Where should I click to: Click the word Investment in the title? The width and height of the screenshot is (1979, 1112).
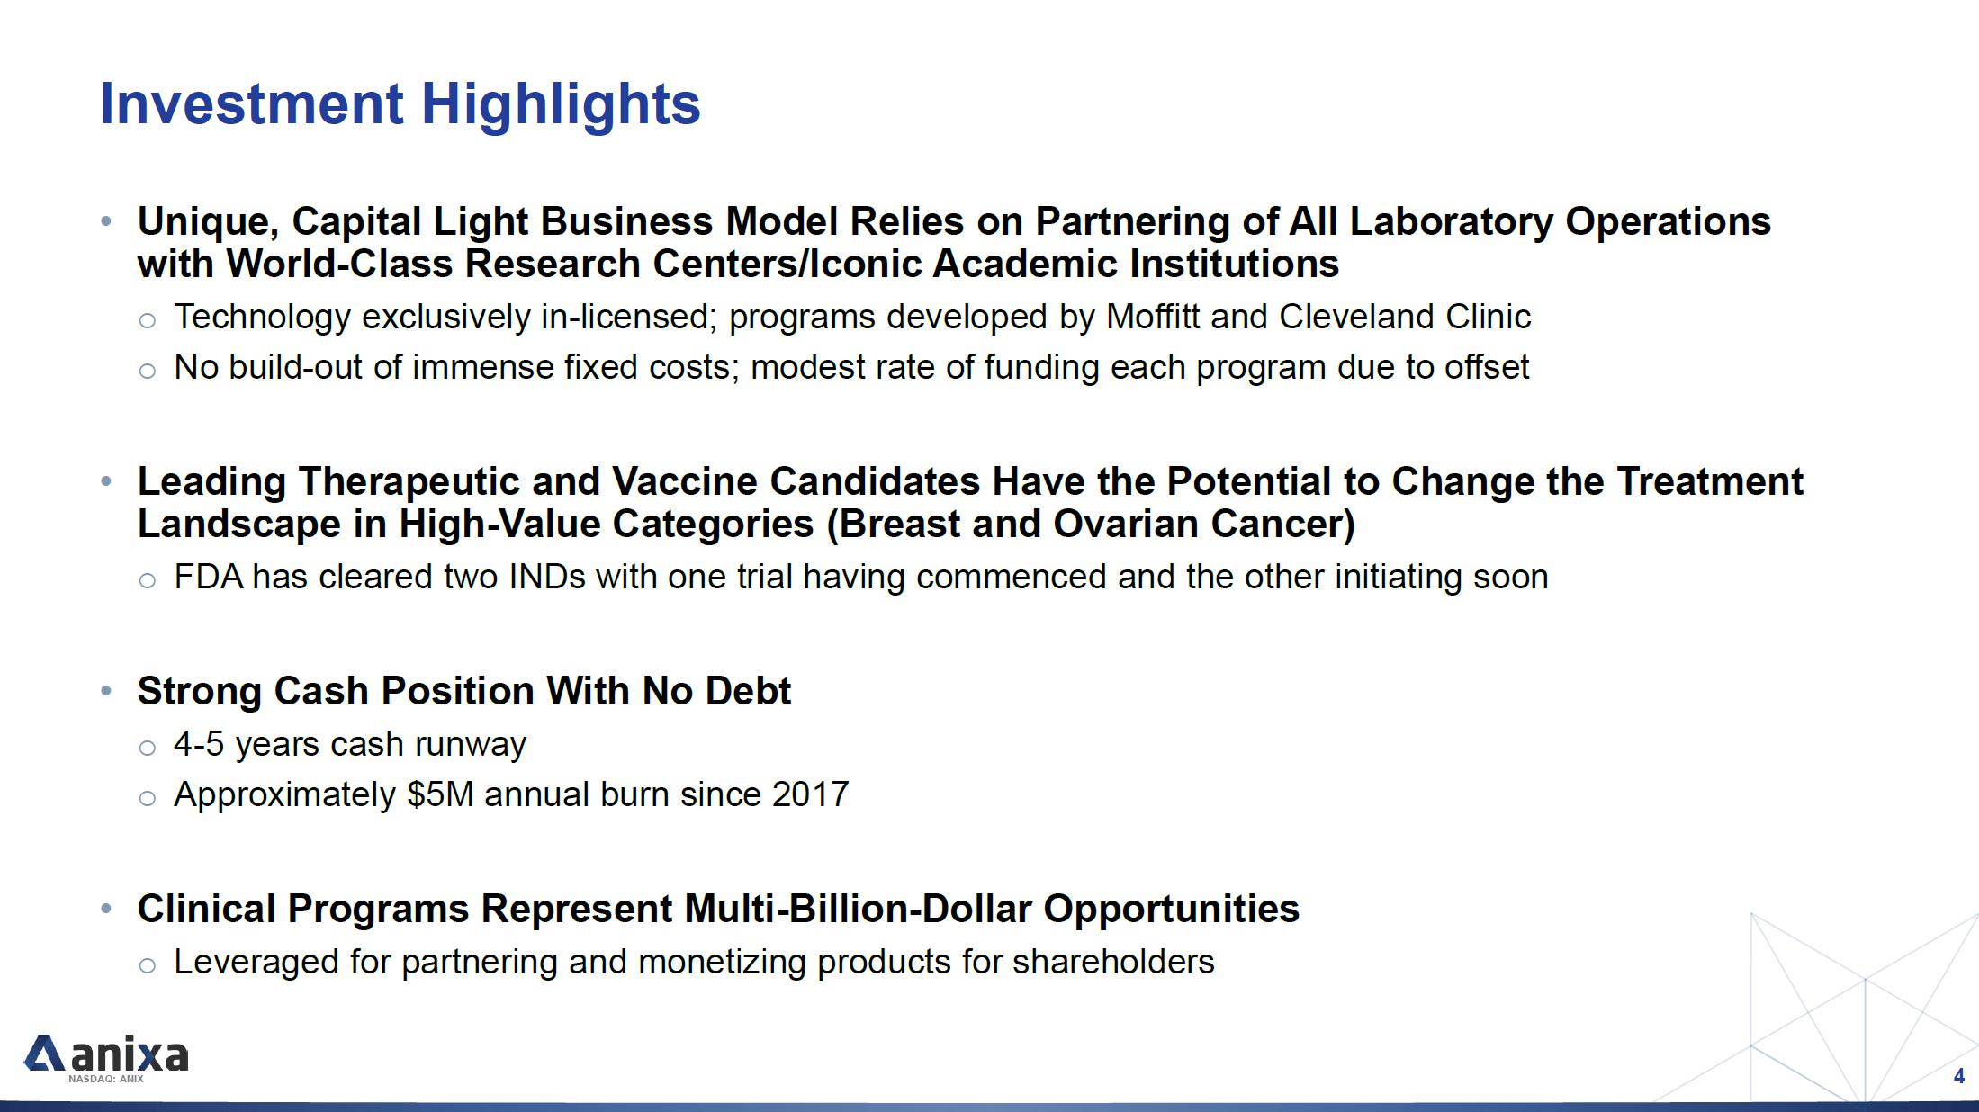pos(251,103)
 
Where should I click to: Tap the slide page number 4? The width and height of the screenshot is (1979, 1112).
pos(1958,1076)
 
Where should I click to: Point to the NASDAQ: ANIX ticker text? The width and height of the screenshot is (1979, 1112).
pos(106,1079)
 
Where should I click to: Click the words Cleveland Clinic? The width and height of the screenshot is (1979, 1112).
pos(1405,317)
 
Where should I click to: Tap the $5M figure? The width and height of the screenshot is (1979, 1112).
pos(440,794)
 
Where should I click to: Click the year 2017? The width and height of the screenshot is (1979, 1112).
pos(810,794)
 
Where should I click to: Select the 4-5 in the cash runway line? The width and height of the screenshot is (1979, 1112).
pos(199,744)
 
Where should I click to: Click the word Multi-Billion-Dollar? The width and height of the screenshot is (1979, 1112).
pos(858,909)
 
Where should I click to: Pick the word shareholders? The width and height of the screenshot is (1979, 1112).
pos(1113,962)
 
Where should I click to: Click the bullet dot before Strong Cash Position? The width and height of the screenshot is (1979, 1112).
pos(106,691)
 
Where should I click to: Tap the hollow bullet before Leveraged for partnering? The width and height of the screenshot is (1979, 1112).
pos(148,966)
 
